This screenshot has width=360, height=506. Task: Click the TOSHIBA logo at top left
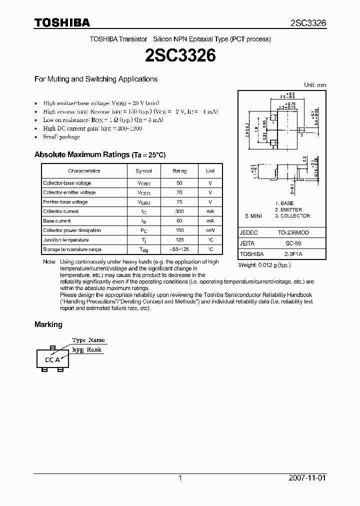[61, 22]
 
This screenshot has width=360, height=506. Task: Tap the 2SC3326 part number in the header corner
[308, 23]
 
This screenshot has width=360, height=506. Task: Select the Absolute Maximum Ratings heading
[100, 155]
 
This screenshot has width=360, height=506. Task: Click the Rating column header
[179, 171]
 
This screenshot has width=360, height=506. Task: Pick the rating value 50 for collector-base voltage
[179, 183]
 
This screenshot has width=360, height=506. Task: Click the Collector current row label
[60, 211]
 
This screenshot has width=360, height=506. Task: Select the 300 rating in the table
[179, 211]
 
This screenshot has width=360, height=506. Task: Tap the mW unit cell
[210, 230]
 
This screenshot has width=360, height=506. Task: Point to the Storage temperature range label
[72, 249]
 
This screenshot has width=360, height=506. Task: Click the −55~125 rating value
[179, 249]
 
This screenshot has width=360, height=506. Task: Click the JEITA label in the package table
[247, 243]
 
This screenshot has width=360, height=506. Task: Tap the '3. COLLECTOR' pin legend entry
[292, 216]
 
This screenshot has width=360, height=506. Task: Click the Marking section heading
[48, 324]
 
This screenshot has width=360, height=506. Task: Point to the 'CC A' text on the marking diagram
[52, 359]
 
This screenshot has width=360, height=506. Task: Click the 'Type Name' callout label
[88, 340]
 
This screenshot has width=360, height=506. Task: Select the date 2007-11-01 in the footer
[307, 478]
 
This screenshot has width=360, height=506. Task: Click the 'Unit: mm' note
[315, 85]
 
